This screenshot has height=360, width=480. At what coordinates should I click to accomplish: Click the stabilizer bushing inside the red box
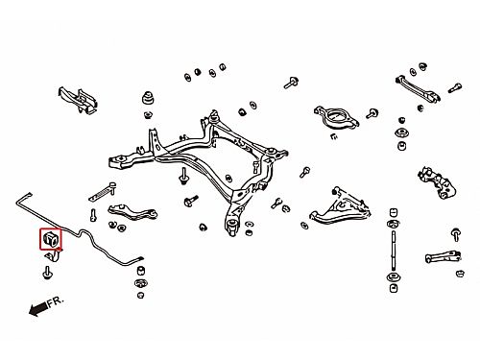click(50, 239)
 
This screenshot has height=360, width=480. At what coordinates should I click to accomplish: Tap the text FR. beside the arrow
click(56, 301)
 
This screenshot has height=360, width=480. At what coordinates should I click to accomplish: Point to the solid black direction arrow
click(38, 309)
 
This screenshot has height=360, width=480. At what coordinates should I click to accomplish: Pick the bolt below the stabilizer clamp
click(47, 273)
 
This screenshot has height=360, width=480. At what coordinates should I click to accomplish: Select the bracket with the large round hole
click(336, 118)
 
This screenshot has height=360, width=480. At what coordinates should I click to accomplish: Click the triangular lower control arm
click(340, 206)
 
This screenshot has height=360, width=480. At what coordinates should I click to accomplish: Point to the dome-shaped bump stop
click(148, 98)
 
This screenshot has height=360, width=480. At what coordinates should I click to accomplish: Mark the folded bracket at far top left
click(78, 99)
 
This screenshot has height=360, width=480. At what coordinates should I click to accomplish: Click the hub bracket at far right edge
click(437, 182)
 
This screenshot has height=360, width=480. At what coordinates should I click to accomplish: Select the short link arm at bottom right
click(443, 256)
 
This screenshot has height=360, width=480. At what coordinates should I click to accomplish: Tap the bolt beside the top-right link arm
click(454, 87)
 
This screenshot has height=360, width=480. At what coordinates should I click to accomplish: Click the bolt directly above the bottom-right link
click(455, 234)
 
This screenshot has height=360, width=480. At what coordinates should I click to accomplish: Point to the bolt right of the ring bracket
click(372, 114)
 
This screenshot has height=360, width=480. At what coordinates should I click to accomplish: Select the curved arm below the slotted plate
click(132, 212)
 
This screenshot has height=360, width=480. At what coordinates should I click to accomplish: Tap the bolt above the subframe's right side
click(291, 83)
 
